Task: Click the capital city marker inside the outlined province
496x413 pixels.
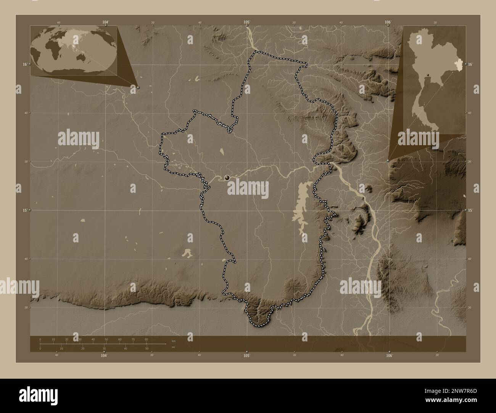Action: point(227,178)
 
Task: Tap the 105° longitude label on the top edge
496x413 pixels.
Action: point(247,22)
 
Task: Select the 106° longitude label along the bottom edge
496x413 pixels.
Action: point(389,355)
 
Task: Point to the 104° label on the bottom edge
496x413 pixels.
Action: point(104,355)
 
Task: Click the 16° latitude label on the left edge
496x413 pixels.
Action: point(24,64)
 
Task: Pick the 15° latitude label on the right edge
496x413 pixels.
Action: point(470,210)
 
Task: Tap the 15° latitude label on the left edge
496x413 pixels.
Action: point(24,210)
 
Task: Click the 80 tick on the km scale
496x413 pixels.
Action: point(146,339)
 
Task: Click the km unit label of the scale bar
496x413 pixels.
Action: point(173,341)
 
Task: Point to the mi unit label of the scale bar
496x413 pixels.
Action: point(173,347)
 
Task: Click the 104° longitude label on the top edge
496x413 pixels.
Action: point(106,22)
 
